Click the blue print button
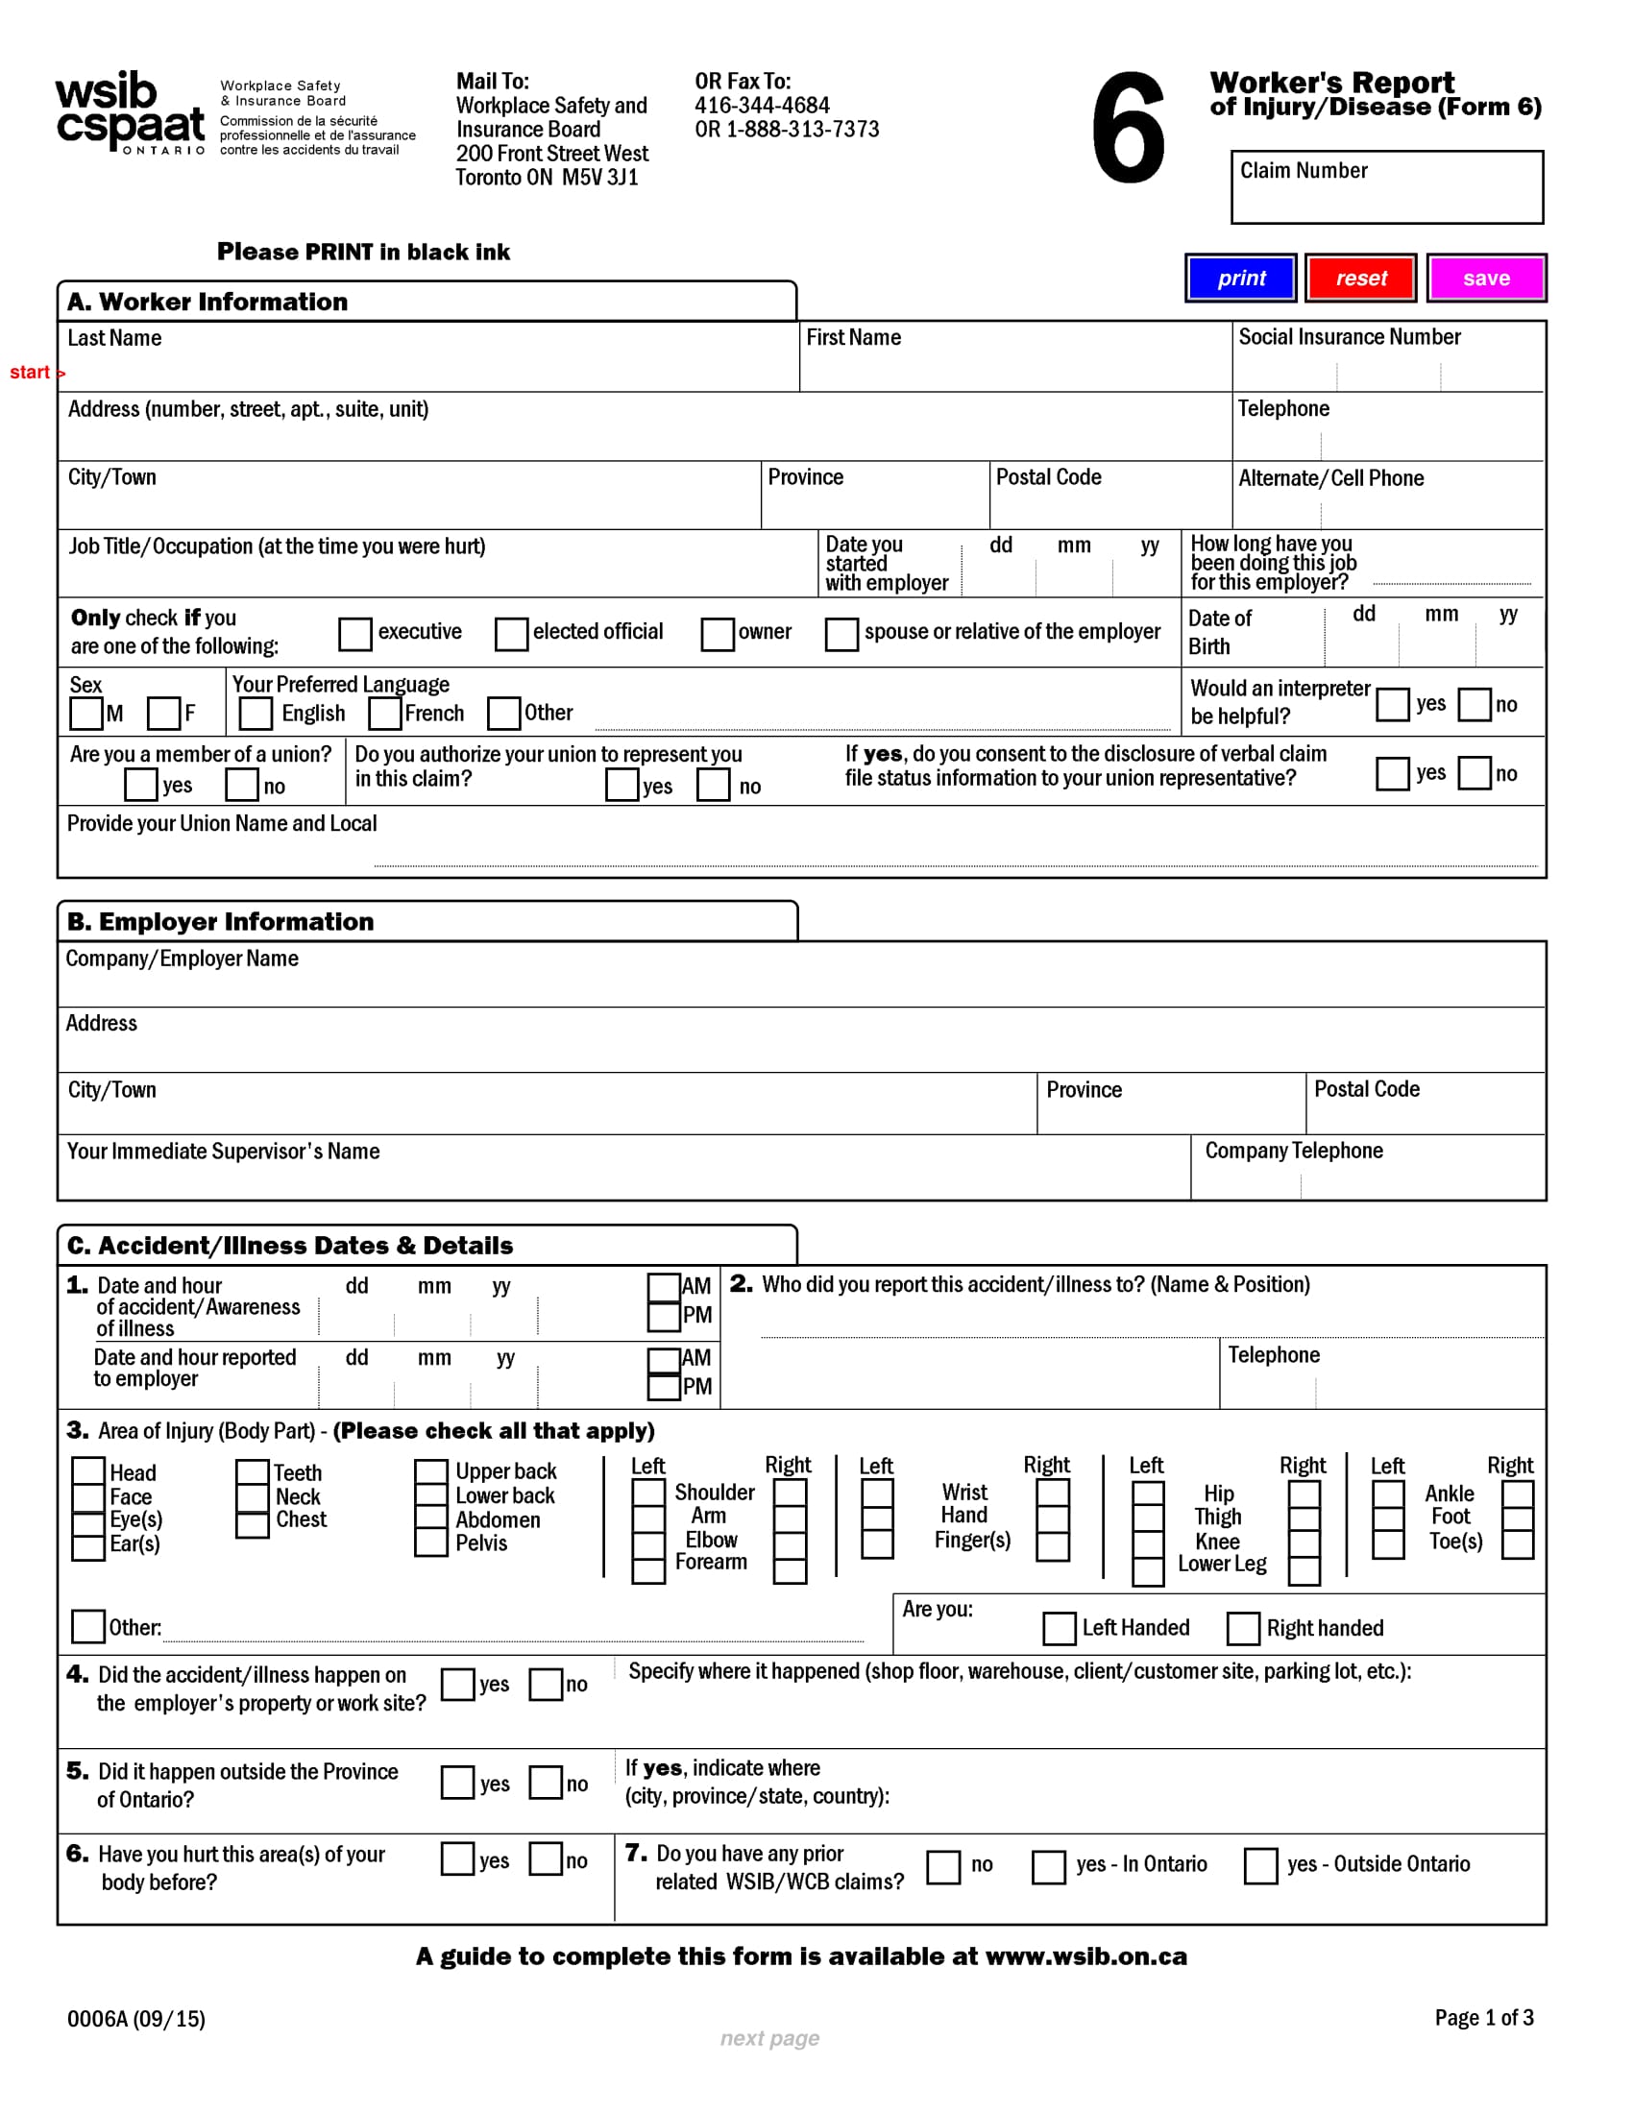tap(1240, 279)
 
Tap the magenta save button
tap(1485, 279)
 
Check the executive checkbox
tap(355, 634)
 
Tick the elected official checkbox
tap(511, 634)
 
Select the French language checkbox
tap(385, 714)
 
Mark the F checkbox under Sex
tap(163, 714)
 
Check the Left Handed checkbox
tap(1059, 1628)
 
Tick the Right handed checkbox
tap(1243, 1628)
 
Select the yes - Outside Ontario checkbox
tap(1259, 1865)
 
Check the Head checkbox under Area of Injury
tap(88, 1471)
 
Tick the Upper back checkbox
tap(430, 1471)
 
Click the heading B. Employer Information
tap(221, 921)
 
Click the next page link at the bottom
tap(769, 2037)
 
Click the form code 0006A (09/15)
tap(136, 2018)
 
